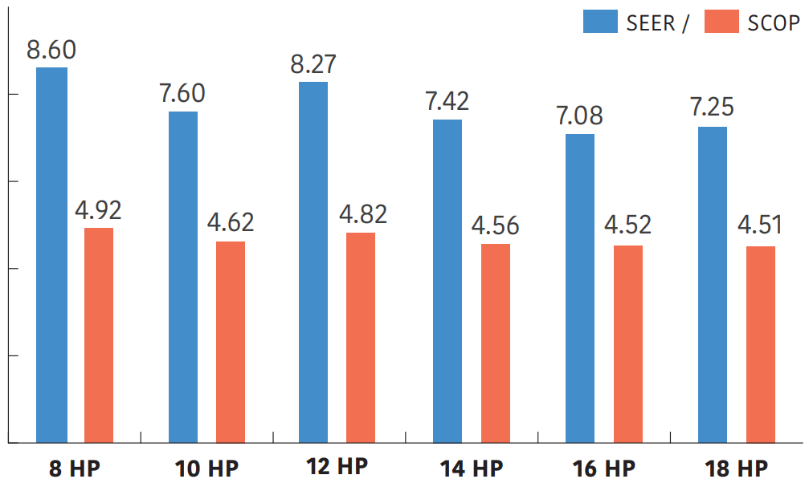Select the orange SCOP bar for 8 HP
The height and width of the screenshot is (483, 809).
[99, 335]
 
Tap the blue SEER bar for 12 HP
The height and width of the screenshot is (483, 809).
[313, 262]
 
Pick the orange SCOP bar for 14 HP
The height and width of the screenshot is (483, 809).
[496, 343]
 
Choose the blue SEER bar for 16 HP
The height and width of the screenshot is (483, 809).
[580, 288]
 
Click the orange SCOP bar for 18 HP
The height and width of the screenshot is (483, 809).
[761, 344]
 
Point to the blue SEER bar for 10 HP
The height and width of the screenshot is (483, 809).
[183, 277]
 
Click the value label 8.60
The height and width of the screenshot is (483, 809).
[51, 50]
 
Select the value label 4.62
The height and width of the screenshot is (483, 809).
[231, 222]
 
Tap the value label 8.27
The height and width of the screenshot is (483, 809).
[313, 64]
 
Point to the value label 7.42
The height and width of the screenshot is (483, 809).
[447, 102]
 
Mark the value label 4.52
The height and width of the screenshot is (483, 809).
[627, 225]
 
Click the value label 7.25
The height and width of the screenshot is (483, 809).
[712, 108]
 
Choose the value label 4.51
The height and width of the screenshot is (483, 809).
[761, 226]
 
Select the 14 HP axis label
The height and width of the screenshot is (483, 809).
[471, 468]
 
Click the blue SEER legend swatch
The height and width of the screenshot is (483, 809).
[600, 22]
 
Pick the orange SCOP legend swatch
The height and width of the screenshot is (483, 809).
[721, 22]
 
